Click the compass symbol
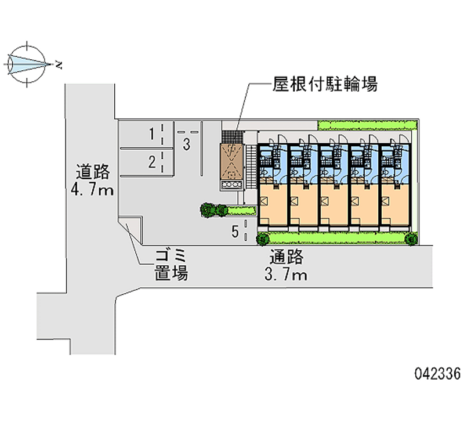coord(27,63)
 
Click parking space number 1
coord(151,135)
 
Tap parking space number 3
coord(186,145)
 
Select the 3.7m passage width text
coord(284,275)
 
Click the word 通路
coord(285,257)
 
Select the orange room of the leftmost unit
coord(273,205)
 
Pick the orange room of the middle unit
coord(334,205)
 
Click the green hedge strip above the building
coord(367,125)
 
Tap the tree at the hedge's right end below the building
coord(411,238)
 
